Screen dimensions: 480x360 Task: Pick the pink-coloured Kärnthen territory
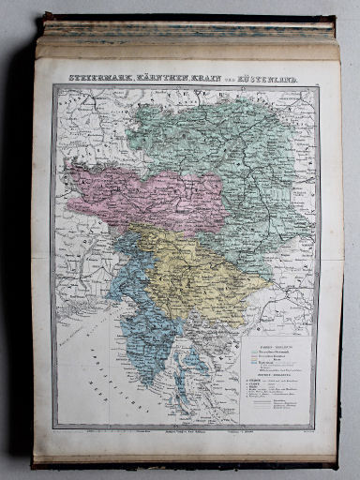pyautogui.click(x=141, y=192)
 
